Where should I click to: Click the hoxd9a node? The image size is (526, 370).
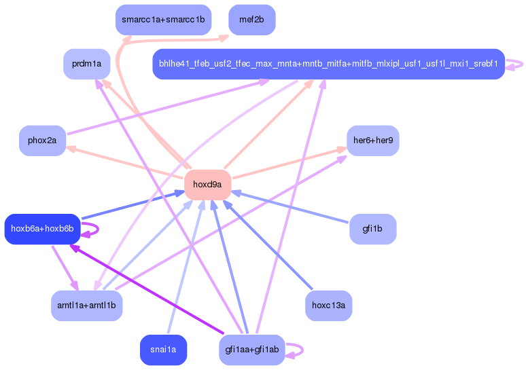click(208, 185)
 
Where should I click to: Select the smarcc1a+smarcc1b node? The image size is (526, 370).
click(163, 20)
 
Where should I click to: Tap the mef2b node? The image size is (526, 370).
click(252, 20)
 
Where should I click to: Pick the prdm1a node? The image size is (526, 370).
click(87, 64)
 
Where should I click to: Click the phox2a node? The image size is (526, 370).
click(42, 141)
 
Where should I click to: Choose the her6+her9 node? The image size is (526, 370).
click(373, 141)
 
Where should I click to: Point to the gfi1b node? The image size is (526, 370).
click(372, 229)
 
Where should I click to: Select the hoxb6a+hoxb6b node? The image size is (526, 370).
click(42, 229)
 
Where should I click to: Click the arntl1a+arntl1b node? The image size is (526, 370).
click(86, 306)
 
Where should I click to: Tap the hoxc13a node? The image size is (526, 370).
click(328, 306)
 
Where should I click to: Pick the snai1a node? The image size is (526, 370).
click(163, 350)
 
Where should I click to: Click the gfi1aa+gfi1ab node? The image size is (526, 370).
click(252, 350)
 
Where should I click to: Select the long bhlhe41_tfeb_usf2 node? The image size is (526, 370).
click(329, 64)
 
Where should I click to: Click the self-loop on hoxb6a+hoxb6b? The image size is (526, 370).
click(98, 229)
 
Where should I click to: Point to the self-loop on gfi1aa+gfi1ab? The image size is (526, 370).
click(302, 350)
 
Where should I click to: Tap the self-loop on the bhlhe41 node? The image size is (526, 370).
click(522, 64)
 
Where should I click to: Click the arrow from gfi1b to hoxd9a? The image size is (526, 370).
click(290, 207)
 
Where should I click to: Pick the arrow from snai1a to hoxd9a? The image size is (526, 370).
click(186, 267)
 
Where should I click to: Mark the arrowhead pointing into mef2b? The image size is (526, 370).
click(224, 38)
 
